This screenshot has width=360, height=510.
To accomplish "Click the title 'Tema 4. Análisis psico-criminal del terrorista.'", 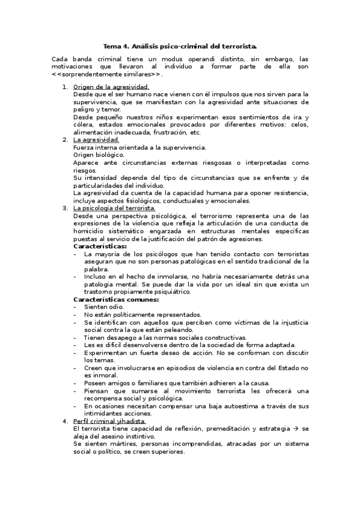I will [x=180, y=46].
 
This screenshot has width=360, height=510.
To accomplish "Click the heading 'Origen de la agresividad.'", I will [x=106, y=87].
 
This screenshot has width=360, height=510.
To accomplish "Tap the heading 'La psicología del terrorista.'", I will [x=114, y=208].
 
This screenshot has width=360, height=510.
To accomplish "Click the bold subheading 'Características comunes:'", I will [x=116, y=299].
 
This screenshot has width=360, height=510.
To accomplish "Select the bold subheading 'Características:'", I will [x=100, y=246].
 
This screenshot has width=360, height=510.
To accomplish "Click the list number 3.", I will [x=65, y=208].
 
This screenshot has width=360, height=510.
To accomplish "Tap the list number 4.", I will [x=65, y=421].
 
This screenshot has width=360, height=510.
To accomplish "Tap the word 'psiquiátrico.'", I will [x=169, y=292].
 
